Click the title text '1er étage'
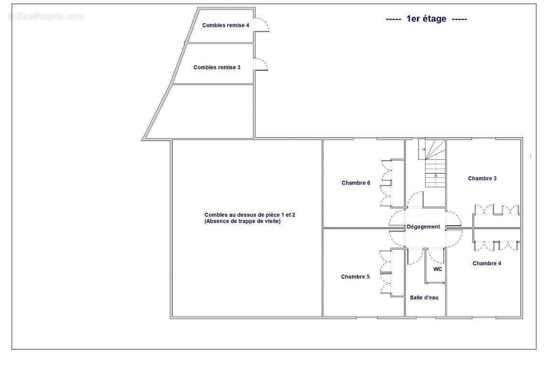[x=426, y=19]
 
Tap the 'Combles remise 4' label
[x=226, y=25]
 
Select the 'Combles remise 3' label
[x=217, y=67]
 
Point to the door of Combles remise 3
[x=262, y=65]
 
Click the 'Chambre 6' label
[x=356, y=183]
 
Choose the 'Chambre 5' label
[x=355, y=276]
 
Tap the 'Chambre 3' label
[x=482, y=178]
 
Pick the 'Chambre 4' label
[x=487, y=263]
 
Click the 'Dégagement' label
[x=424, y=227]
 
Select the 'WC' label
[x=438, y=269]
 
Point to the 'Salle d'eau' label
[x=424, y=297]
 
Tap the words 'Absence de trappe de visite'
[x=242, y=221]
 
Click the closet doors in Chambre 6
[x=386, y=184]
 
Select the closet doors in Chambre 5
[x=386, y=273]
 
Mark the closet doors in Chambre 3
[x=496, y=209]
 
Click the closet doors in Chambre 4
[x=496, y=245]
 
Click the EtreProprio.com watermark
[x=46, y=16]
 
